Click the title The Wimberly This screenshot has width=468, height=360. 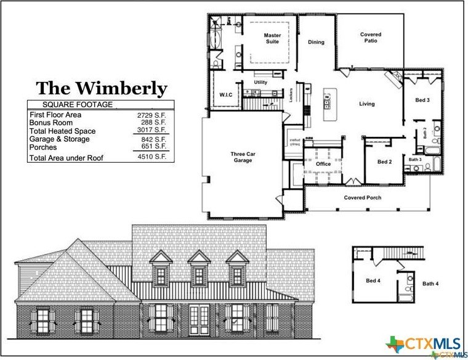tap(101, 89)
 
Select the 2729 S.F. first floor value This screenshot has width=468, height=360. tap(152, 115)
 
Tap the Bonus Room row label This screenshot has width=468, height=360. tap(50, 123)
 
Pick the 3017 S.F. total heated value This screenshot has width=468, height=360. tap(152, 131)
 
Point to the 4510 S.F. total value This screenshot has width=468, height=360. tap(152, 158)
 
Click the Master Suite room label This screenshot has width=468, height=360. tap(272, 38)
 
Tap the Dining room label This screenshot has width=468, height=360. tap(316, 43)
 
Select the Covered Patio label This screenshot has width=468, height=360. tap(371, 38)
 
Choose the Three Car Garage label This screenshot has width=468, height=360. tap(242, 157)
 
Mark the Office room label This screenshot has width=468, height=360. tap(323, 164)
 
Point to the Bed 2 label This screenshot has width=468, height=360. tap(384, 162)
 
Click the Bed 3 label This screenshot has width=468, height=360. tap(422, 100)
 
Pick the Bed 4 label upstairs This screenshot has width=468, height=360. tap(373, 281)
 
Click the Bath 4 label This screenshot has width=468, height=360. tap(430, 284)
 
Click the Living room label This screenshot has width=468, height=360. tap(367, 104)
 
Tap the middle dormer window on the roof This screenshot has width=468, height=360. tap(199, 269)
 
